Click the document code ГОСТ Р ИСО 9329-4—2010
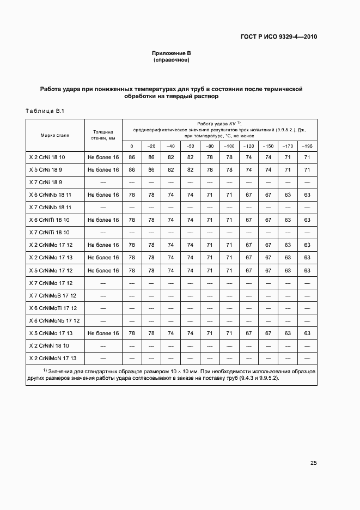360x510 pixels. [278, 37]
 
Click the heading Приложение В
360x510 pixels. [171, 53]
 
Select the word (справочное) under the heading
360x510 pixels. [171, 60]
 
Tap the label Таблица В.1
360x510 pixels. [45, 112]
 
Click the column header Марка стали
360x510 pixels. [54, 135]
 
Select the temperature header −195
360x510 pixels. [307, 146]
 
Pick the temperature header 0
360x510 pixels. [131, 146]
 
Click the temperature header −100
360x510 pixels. [229, 146]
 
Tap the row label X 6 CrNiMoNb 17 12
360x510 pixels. [54, 320]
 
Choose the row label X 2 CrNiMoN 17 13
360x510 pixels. [53, 358]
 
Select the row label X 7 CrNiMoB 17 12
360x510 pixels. [53, 295]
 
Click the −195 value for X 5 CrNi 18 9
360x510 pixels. [307, 169]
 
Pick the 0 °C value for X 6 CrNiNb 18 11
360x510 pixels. [131, 195]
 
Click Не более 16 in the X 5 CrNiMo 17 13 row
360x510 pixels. [102, 333]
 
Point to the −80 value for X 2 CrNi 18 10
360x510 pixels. [210, 157]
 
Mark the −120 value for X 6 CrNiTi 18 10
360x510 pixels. [248, 220]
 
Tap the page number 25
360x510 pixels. [313, 463]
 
